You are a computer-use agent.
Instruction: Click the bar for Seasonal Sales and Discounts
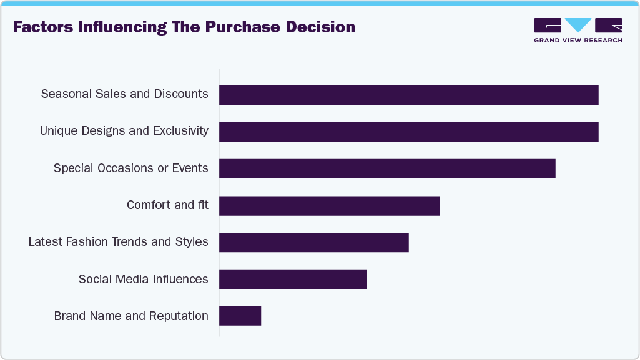coord(408,95)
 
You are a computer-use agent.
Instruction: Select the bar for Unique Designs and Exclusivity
coord(408,132)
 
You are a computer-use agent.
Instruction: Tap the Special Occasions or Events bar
coord(387,168)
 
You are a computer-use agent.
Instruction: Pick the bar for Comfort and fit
coord(330,205)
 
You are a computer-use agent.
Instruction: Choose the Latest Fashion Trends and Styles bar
coord(313,242)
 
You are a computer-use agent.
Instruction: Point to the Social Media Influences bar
coord(292,279)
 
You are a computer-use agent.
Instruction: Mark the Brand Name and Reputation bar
coord(240,316)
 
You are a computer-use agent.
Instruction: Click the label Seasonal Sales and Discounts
coord(124,94)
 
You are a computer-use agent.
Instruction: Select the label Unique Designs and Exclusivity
coord(124,131)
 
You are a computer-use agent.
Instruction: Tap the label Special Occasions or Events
coord(130,168)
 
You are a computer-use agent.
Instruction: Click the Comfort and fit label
coord(167,205)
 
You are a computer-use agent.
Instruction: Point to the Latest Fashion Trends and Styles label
coord(118,241)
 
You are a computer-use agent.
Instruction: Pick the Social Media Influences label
coord(143,279)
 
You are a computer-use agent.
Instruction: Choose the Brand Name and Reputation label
coord(131,316)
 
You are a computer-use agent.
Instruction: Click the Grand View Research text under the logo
coord(578,41)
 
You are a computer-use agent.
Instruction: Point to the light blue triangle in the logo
coord(578,25)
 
